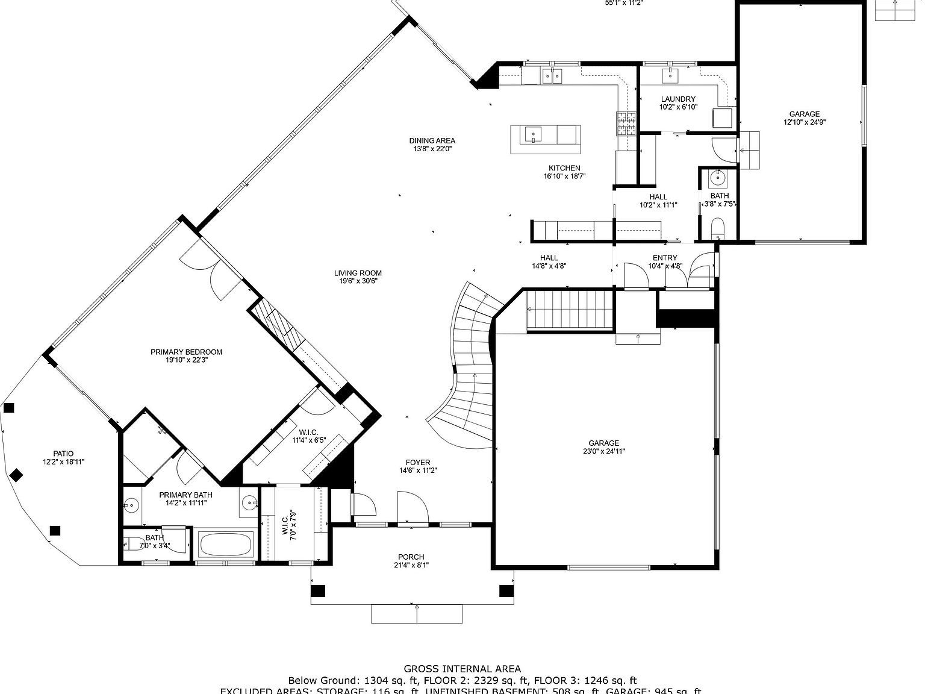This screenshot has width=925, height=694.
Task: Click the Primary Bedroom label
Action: (x=186, y=352)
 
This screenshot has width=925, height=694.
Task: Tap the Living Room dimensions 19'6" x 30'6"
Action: (x=358, y=281)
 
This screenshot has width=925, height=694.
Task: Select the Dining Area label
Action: (x=432, y=141)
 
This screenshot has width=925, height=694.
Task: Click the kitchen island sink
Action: (x=533, y=134)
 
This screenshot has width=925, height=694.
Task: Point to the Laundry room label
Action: (x=678, y=99)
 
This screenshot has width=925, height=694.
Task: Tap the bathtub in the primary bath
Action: (x=225, y=545)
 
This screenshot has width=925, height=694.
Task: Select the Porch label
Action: (x=411, y=557)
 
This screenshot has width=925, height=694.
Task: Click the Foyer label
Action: (x=417, y=463)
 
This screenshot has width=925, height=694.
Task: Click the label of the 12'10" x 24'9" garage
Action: (x=804, y=114)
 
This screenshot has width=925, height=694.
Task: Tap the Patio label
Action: (x=63, y=454)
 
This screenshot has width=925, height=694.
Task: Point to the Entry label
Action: (x=665, y=258)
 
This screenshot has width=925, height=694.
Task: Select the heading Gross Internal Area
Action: (x=462, y=668)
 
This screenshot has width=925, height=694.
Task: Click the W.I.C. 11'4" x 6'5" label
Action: (x=308, y=432)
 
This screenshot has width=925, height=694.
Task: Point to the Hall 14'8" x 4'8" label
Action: (x=549, y=258)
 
